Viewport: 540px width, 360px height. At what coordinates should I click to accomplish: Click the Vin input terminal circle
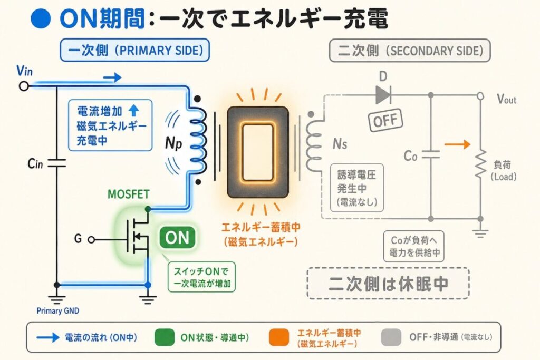(x=24, y=86)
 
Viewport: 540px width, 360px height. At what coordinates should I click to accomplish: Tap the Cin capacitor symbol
(x=57, y=163)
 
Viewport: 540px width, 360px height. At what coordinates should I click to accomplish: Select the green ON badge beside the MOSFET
(x=177, y=238)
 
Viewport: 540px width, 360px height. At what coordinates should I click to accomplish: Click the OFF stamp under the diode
(x=385, y=120)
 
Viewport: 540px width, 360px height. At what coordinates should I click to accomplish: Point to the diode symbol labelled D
(x=383, y=95)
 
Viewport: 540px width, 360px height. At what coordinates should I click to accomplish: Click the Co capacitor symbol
(x=431, y=155)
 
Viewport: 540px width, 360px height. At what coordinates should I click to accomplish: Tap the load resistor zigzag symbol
(x=481, y=164)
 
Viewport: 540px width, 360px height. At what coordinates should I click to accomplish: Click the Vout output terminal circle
(x=480, y=96)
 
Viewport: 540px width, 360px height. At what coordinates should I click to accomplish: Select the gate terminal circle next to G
(x=91, y=239)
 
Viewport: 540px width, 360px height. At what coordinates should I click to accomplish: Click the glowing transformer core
(x=257, y=152)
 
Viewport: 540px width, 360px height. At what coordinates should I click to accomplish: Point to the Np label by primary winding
(x=173, y=143)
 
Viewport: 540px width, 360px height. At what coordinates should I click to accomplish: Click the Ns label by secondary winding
(x=340, y=143)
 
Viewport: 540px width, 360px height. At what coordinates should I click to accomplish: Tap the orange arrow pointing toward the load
(x=457, y=144)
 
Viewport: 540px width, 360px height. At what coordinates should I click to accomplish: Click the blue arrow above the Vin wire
(x=112, y=77)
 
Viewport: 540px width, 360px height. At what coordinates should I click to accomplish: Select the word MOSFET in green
(x=129, y=194)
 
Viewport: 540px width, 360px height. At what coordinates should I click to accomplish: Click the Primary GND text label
(x=58, y=311)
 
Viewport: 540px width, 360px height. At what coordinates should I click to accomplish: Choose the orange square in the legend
(x=279, y=337)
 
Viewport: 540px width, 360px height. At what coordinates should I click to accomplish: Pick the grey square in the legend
(x=391, y=337)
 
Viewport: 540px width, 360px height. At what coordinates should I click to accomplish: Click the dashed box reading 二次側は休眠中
(x=388, y=283)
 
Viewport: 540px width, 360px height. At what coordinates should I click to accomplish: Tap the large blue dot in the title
(x=41, y=18)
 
